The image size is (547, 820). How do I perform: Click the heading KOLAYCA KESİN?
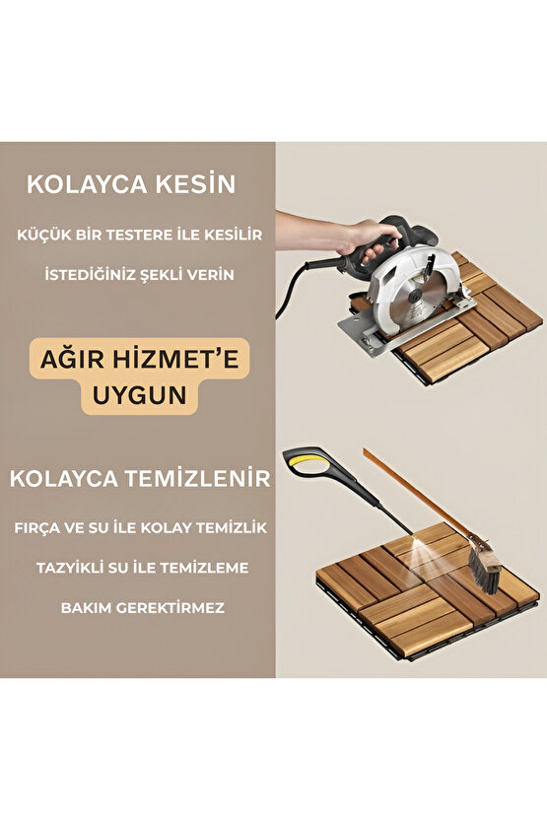pos(131,184)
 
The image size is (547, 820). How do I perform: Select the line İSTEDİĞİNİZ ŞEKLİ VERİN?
pos(139,273)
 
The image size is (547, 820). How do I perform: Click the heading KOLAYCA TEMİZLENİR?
pos(140,479)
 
